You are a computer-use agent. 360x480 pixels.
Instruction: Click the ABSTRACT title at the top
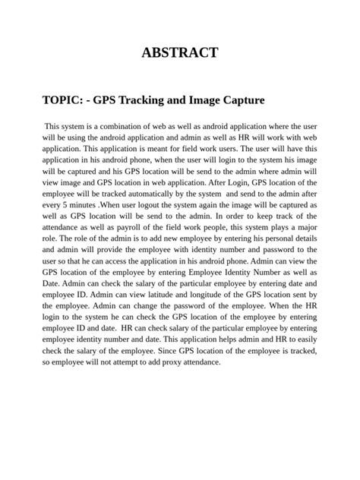click(x=180, y=52)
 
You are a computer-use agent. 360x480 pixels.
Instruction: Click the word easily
click(x=304, y=339)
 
